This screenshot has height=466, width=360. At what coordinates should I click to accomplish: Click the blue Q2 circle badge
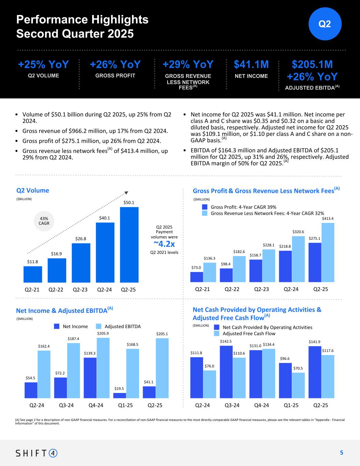pyautogui.click(x=325, y=24)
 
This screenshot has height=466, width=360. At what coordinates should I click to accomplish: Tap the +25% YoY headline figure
pyautogui.click(x=43, y=65)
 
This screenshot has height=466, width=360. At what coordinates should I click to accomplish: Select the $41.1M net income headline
pyautogui.click(x=251, y=65)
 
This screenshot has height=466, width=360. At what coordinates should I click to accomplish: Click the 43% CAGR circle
pyautogui.click(x=44, y=221)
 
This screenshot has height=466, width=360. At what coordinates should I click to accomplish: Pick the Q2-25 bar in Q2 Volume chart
pyautogui.click(x=129, y=245)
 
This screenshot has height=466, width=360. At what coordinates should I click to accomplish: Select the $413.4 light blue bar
pyautogui.click(x=328, y=253)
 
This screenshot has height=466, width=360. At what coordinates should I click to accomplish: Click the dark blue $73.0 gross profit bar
pyautogui.click(x=197, y=277)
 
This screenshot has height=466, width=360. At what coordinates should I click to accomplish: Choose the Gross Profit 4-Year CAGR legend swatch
pyautogui.click(x=205, y=207)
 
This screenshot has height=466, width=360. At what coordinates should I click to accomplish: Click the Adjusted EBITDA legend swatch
pyautogui.click(x=99, y=326)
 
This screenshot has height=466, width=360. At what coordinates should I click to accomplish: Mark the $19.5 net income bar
pyautogui.click(x=119, y=395)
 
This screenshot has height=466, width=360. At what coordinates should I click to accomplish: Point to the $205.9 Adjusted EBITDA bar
pyautogui.click(x=103, y=368)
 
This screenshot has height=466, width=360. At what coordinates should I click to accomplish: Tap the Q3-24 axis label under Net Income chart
pyautogui.click(x=66, y=406)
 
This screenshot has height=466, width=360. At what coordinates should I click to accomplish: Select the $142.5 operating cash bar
pyautogui.click(x=226, y=372)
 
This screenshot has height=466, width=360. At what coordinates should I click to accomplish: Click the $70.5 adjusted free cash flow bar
pyautogui.click(x=298, y=385)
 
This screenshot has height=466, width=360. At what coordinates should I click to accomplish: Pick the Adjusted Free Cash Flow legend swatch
pyautogui.click(x=217, y=334)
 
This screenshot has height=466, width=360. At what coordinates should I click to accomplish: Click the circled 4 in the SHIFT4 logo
pyautogui.click(x=53, y=453)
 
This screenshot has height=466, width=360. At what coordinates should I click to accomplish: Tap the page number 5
pyautogui.click(x=341, y=453)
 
